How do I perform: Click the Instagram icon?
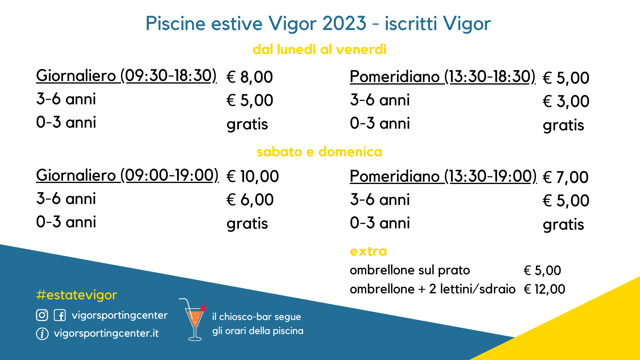point(42,315)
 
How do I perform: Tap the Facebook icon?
point(60,315)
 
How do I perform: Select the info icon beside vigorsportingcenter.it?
point(42,334)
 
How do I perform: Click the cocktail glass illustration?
point(194,320)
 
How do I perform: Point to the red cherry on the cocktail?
point(203,308)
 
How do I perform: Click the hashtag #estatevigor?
point(77,295)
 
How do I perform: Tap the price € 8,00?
point(250,77)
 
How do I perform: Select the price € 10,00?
point(253,176)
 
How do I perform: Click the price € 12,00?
point(544,289)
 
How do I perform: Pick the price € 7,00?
point(566,177)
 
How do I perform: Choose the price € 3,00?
point(566,101)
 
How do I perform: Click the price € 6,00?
point(250,200)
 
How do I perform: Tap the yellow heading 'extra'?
point(368,251)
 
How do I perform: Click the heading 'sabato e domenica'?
point(319,152)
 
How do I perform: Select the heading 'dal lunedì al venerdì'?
point(319,49)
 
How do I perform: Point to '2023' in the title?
point(344,23)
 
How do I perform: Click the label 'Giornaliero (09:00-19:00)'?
point(127,175)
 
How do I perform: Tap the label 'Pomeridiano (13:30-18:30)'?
point(443,77)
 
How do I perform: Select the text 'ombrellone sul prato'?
point(410,270)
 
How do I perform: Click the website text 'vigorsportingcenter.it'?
point(106,333)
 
